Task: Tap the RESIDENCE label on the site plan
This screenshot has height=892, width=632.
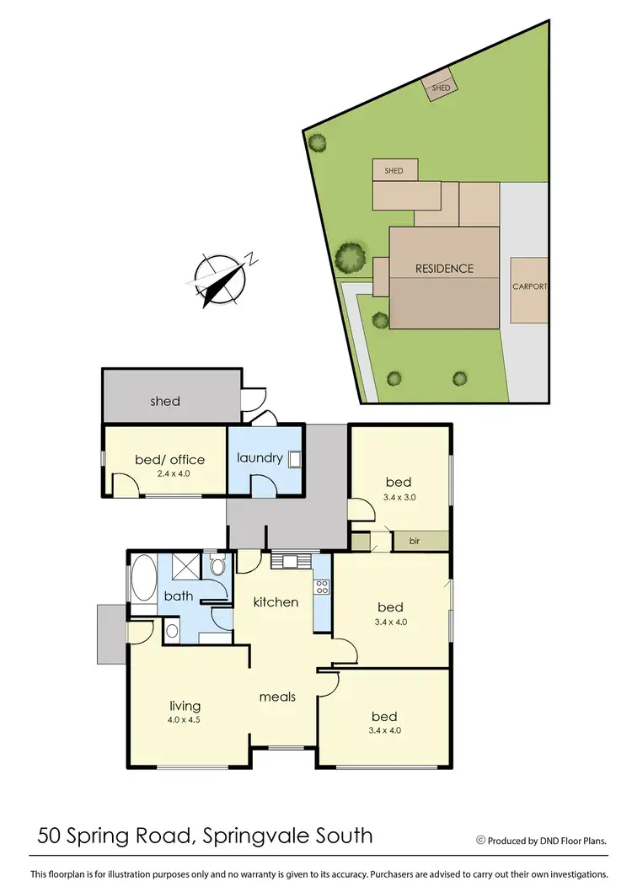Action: click(443, 269)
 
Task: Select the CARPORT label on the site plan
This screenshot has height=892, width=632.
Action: click(530, 286)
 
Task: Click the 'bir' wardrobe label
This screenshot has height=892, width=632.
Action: click(414, 541)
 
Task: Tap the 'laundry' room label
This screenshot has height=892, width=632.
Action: click(259, 458)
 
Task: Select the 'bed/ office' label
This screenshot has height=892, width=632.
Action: click(169, 459)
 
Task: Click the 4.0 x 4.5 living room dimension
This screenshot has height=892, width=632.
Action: click(184, 720)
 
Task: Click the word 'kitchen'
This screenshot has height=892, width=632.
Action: click(276, 601)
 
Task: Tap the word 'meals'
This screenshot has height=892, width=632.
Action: click(276, 697)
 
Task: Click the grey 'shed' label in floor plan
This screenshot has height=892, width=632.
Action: click(165, 401)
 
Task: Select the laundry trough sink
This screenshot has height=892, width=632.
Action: click(295, 459)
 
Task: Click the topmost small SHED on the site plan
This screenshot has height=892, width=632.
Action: click(442, 88)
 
